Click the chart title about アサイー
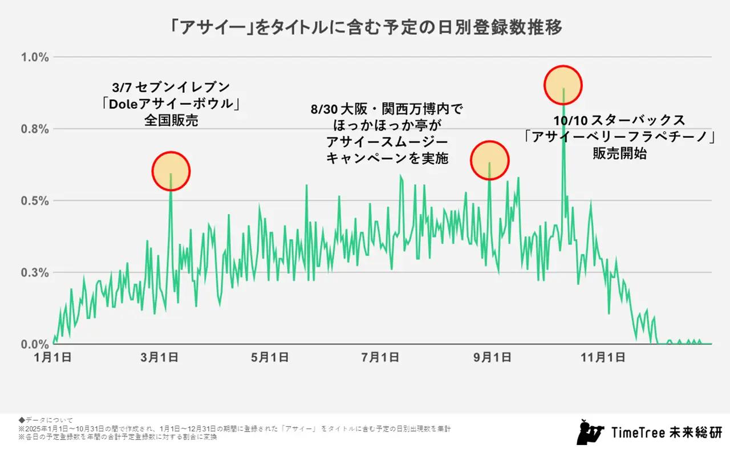(x=364, y=27)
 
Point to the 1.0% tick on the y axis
(x=35, y=58)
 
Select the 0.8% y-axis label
(x=35, y=129)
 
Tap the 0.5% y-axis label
(x=35, y=201)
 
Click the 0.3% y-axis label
(x=35, y=272)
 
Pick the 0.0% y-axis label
(x=35, y=344)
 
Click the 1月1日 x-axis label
(x=53, y=357)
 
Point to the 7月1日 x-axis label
(x=379, y=357)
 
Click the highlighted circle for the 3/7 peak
(x=171, y=171)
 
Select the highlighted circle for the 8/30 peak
(x=489, y=160)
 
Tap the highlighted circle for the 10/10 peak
(x=563, y=85)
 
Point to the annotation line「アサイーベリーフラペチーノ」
(x=620, y=137)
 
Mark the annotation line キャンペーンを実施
(x=387, y=158)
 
